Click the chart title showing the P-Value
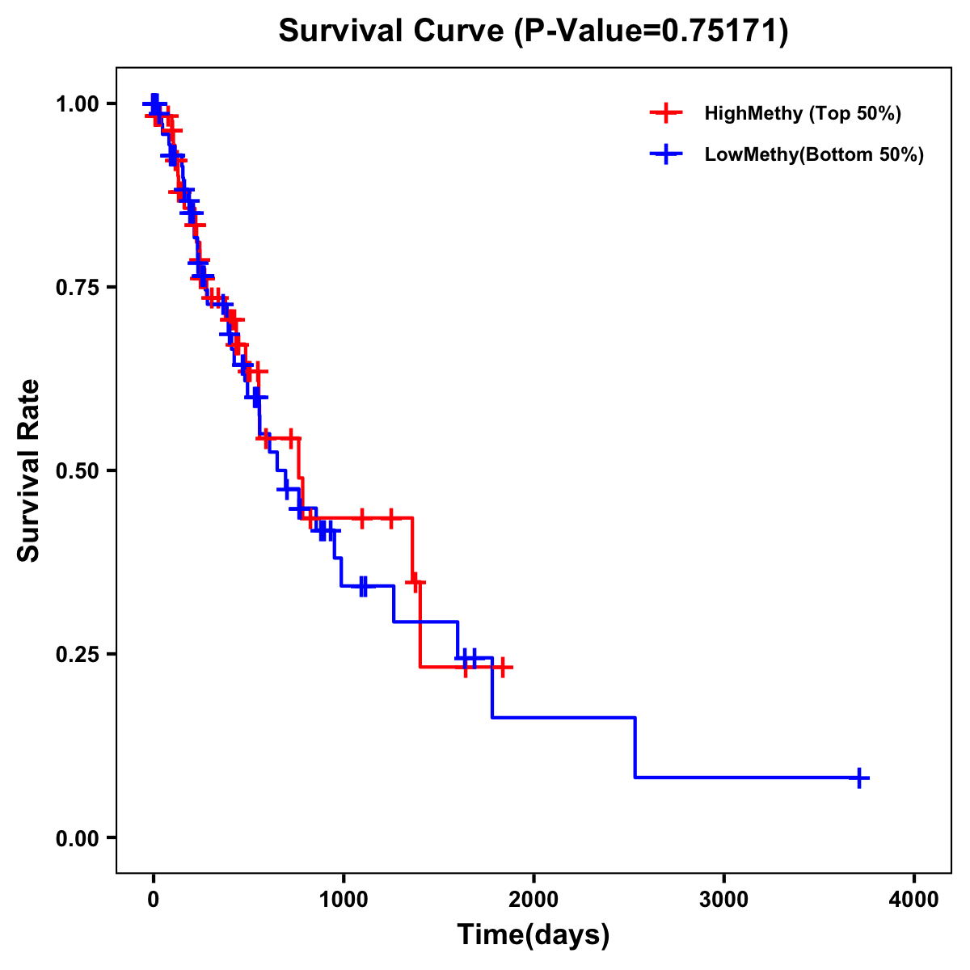(x=533, y=31)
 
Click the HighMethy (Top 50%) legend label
(x=803, y=113)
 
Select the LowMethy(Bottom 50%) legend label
(x=814, y=155)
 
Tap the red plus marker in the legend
(x=665, y=113)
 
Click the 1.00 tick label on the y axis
(x=77, y=103)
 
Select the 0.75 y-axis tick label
(x=77, y=287)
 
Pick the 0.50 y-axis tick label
(x=77, y=470)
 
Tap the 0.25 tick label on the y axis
(x=77, y=654)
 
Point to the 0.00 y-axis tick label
(x=77, y=837)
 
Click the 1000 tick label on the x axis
(x=344, y=900)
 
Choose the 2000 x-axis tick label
(x=533, y=900)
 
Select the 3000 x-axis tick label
(x=723, y=900)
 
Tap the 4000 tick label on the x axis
(x=914, y=900)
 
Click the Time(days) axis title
(x=533, y=935)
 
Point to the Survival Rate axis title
(x=29, y=470)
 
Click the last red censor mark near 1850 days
(x=503, y=667)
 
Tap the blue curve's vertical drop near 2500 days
(x=635, y=748)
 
